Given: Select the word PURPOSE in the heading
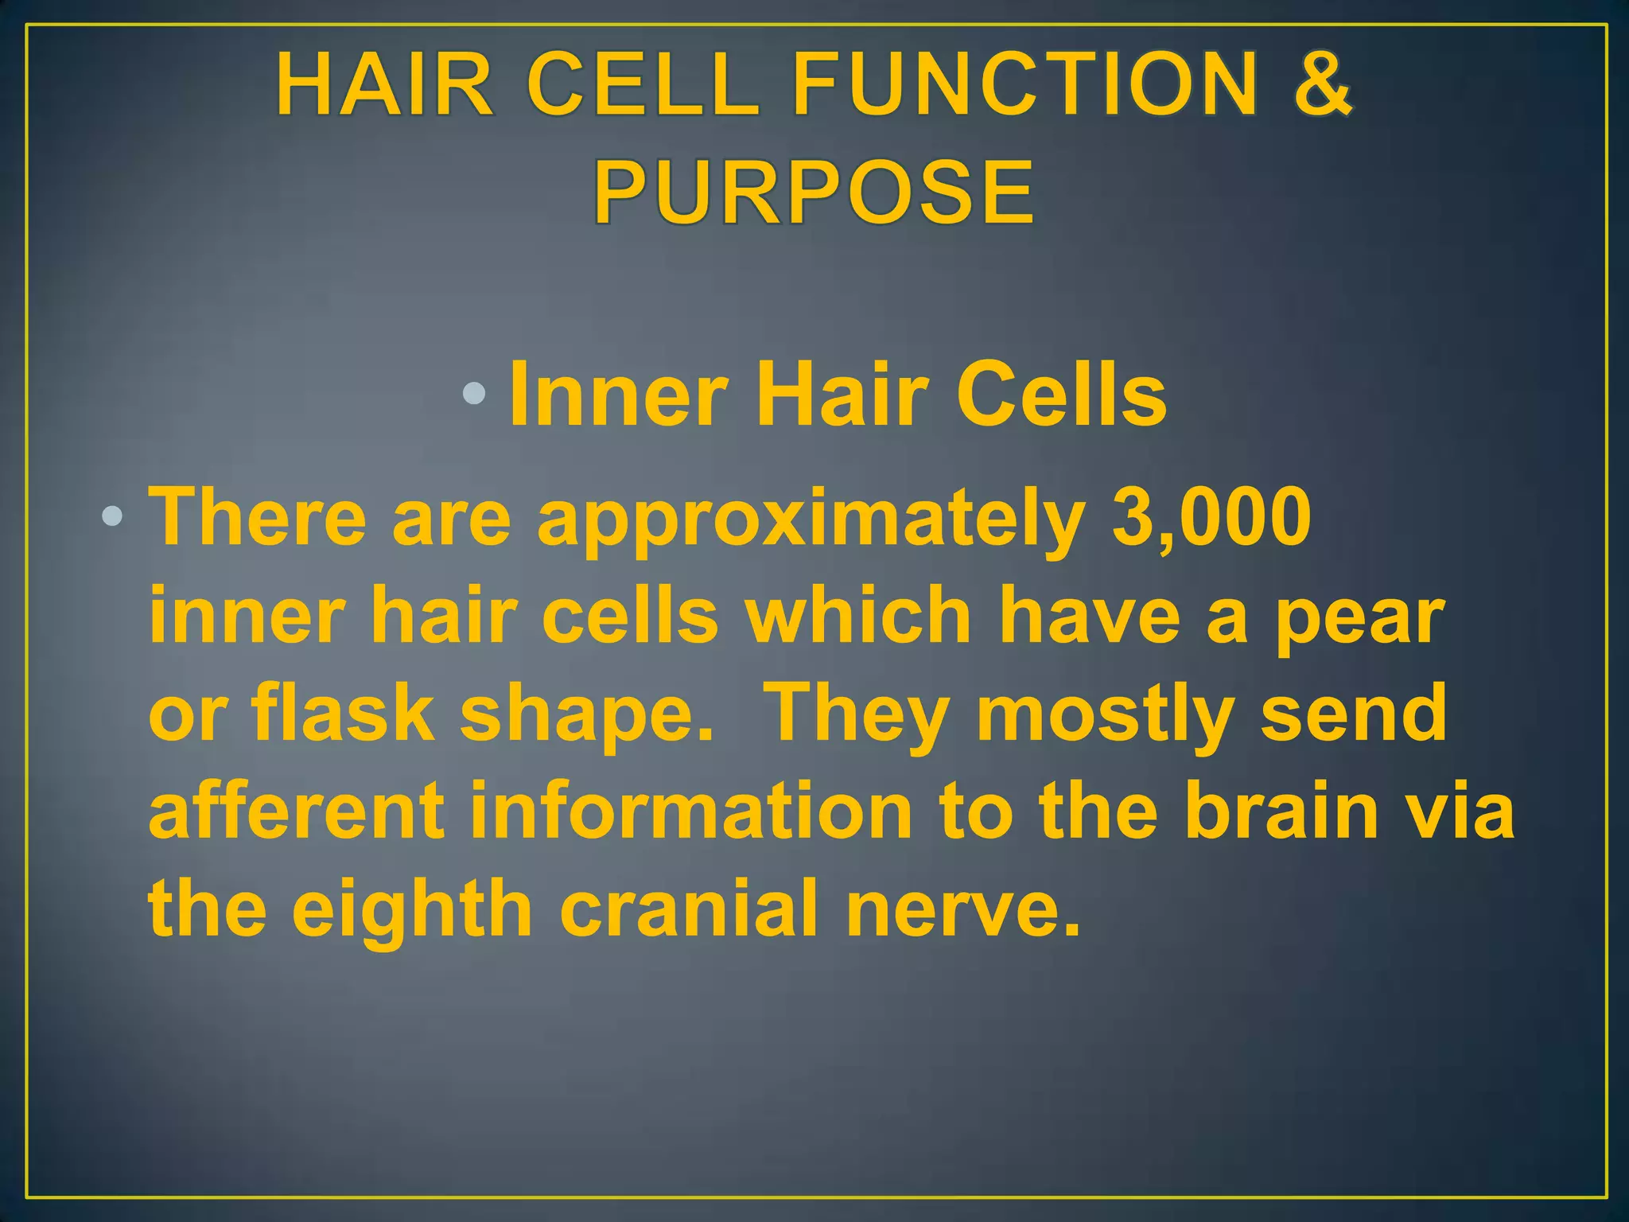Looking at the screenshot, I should [x=814, y=193].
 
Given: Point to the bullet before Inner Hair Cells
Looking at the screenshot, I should [x=474, y=392].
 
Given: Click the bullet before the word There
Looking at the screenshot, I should [x=112, y=517].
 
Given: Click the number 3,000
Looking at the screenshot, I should [x=1211, y=519].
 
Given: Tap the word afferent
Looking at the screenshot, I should [x=296, y=811].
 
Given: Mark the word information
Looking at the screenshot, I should [x=690, y=811].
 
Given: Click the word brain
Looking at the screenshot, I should [x=1281, y=811].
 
